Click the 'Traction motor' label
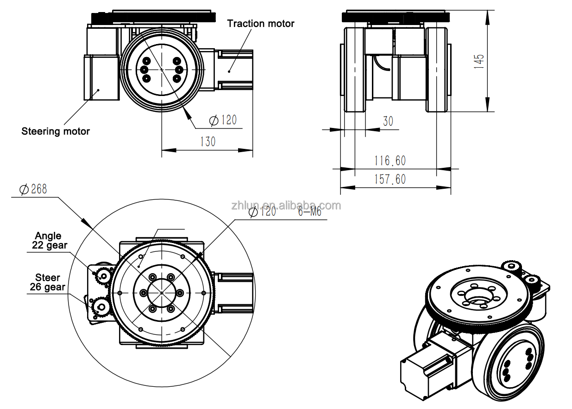click(261, 23)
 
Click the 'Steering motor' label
click(56, 131)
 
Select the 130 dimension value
click(207, 141)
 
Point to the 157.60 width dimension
click(390, 179)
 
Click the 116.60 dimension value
click(390, 160)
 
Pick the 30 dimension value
click(388, 121)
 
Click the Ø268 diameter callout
click(33, 189)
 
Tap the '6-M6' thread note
click(309, 212)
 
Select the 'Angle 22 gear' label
click(49, 241)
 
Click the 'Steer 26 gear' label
click(48, 282)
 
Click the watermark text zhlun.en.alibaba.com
click(286, 205)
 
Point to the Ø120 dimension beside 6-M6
click(262, 212)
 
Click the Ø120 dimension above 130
click(223, 121)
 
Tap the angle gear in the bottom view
click(103, 276)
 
